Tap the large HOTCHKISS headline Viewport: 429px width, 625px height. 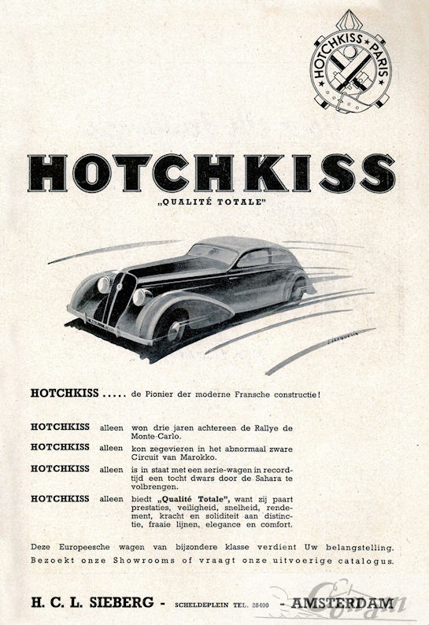[x=212, y=173]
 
